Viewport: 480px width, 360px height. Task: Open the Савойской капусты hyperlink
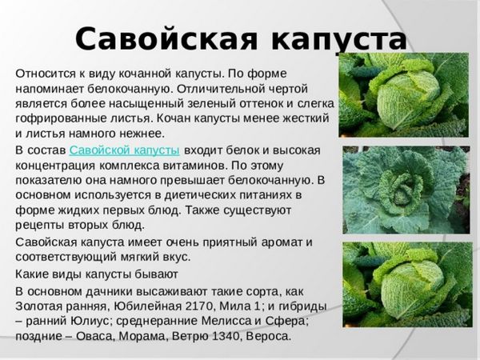(x=124, y=151)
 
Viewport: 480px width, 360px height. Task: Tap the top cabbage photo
(x=403, y=95)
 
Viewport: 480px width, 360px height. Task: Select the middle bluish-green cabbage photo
(x=406, y=190)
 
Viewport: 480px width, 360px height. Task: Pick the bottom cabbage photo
(x=407, y=285)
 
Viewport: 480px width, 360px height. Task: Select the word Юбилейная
(x=148, y=306)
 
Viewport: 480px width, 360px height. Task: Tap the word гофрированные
(x=58, y=118)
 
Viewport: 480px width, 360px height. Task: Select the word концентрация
(x=55, y=166)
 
